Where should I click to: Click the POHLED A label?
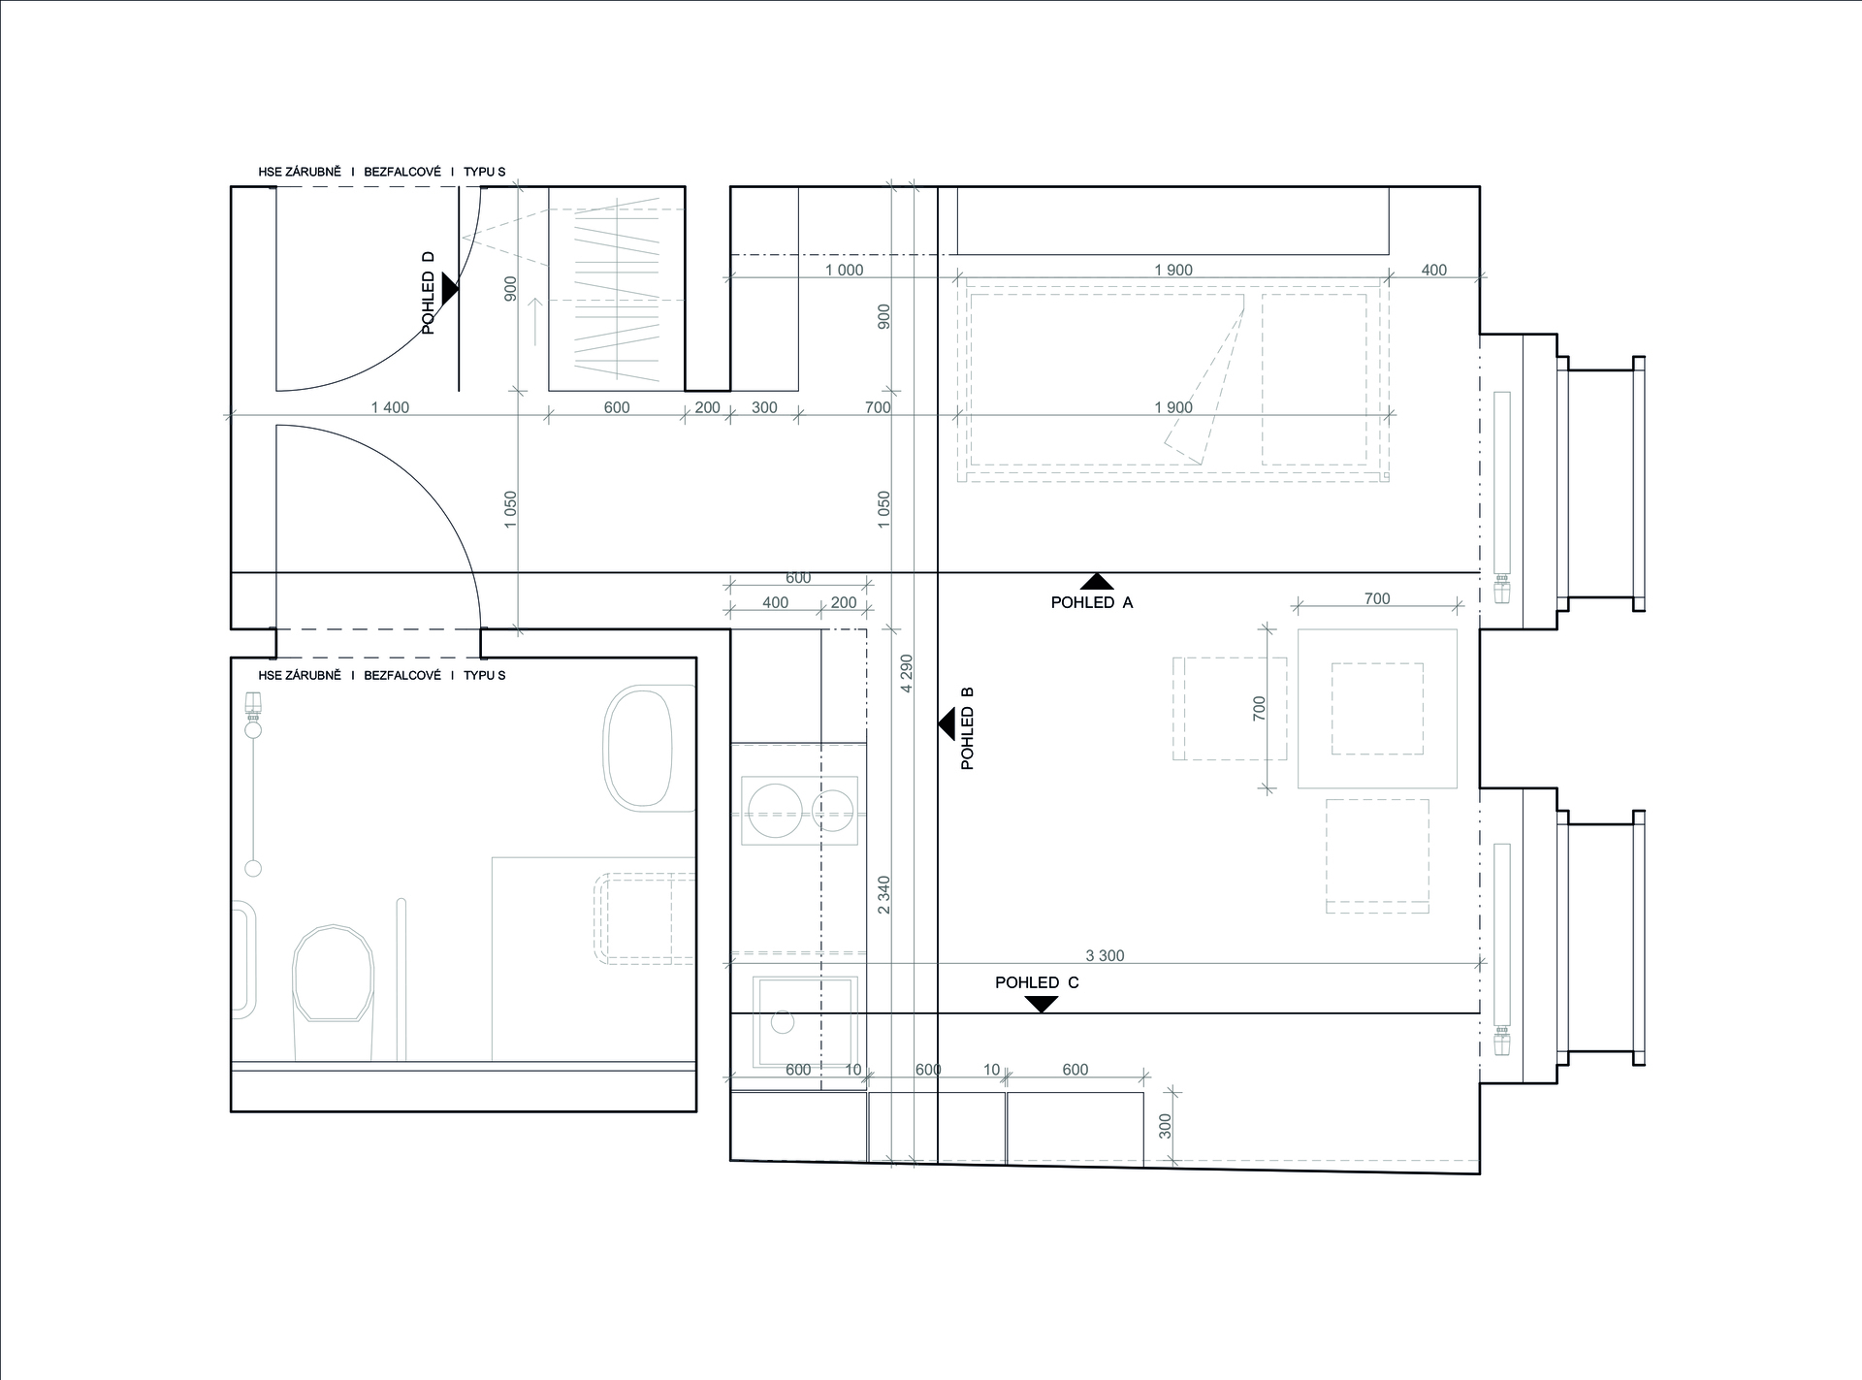click(1091, 602)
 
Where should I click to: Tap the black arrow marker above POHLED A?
click(1097, 582)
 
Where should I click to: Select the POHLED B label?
click(967, 728)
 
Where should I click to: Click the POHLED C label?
click(1037, 982)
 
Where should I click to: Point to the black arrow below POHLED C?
click(1042, 1005)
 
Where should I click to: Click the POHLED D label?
click(428, 293)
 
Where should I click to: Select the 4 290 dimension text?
click(907, 673)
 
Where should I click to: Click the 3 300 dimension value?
click(1105, 955)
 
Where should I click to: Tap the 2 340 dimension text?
click(883, 895)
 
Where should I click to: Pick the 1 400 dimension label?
click(390, 407)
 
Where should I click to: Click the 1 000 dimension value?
click(844, 270)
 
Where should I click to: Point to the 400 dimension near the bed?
click(1433, 270)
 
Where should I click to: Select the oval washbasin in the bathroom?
click(639, 747)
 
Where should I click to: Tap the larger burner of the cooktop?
click(775, 811)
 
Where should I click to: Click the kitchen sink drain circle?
click(783, 1021)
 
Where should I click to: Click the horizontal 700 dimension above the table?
click(1377, 598)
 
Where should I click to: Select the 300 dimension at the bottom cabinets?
click(1165, 1126)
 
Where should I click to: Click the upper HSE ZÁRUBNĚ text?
click(300, 172)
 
